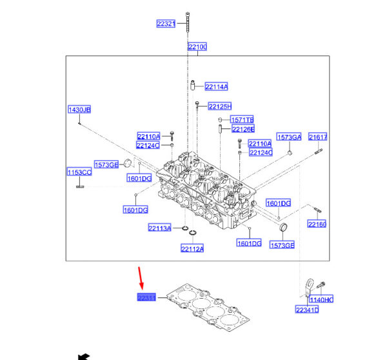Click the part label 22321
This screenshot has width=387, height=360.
pos(166,24)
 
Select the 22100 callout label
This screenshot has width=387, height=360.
pos(197,47)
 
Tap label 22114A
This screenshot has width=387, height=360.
pos(216,86)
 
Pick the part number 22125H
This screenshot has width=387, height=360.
pos(219,106)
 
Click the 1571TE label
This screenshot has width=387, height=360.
pos(243,120)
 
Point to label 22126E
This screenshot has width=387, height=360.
pos(243,129)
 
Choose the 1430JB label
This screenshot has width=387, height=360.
pos(79,110)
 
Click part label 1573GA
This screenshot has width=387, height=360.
pos(288,137)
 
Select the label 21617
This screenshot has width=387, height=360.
pos(317,137)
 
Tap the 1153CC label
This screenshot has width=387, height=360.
pos(79,172)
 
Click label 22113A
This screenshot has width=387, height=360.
pos(159,228)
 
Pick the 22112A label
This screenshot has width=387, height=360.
pos(192,249)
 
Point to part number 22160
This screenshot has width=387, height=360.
pos(316,225)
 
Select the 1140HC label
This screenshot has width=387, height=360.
pos(320,300)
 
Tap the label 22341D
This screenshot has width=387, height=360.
pos(307,310)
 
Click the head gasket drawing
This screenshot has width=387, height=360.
pos(206,308)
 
